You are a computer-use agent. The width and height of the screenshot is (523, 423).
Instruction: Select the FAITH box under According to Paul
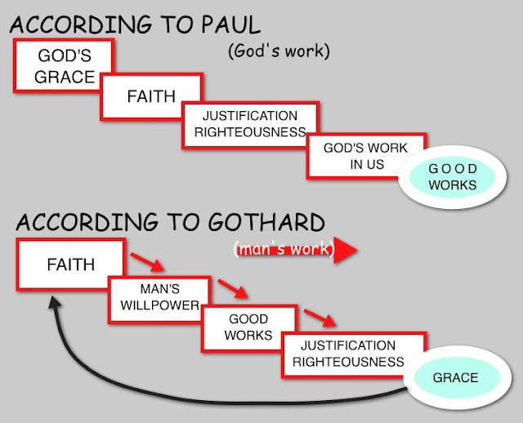(151, 96)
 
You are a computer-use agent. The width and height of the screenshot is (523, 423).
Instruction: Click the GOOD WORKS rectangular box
(249, 327)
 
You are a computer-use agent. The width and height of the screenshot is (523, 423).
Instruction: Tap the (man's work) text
(282, 250)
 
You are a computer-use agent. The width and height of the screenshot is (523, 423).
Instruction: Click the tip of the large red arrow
(357, 251)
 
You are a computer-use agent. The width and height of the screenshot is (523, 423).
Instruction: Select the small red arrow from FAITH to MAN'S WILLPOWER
(148, 263)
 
